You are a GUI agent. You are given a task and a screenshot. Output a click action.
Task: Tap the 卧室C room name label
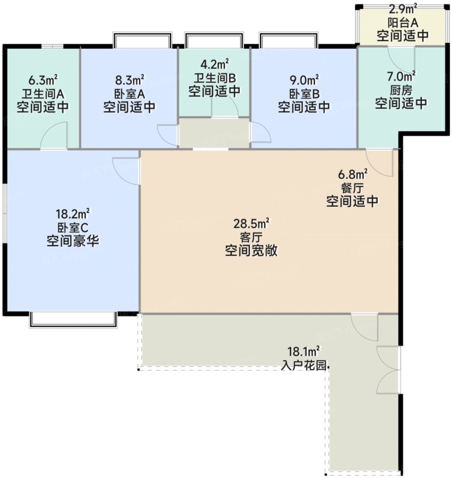(x=73, y=226)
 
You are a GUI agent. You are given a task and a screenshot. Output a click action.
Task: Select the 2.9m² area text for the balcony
(x=403, y=8)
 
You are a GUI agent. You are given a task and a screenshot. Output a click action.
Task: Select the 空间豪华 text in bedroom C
(x=73, y=240)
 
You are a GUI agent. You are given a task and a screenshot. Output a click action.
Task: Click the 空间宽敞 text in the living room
(x=251, y=251)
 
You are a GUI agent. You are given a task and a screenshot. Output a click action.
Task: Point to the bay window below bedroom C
(x=73, y=319)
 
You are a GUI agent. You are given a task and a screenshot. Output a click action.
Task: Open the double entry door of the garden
(x=388, y=370)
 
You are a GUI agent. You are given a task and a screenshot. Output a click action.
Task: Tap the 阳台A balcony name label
(x=403, y=22)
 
